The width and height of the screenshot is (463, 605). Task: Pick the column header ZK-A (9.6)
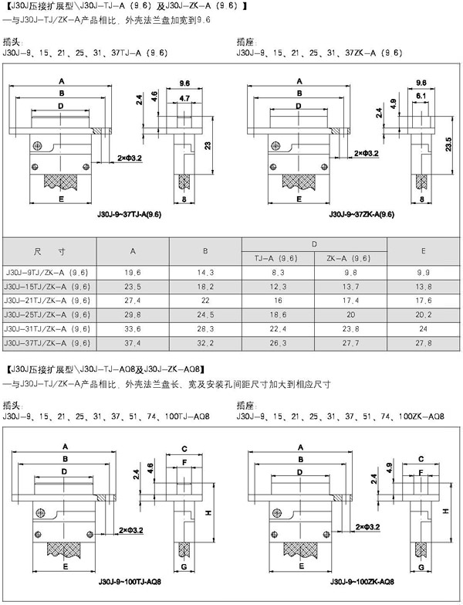coord(350,258)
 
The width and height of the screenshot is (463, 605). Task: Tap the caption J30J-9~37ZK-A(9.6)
coord(362,214)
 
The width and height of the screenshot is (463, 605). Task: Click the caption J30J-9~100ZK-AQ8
coord(363,583)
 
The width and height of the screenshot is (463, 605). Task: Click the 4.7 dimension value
coord(184,98)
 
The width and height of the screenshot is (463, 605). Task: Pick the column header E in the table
coord(423,251)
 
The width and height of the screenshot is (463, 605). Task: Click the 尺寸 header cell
coord(48,251)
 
